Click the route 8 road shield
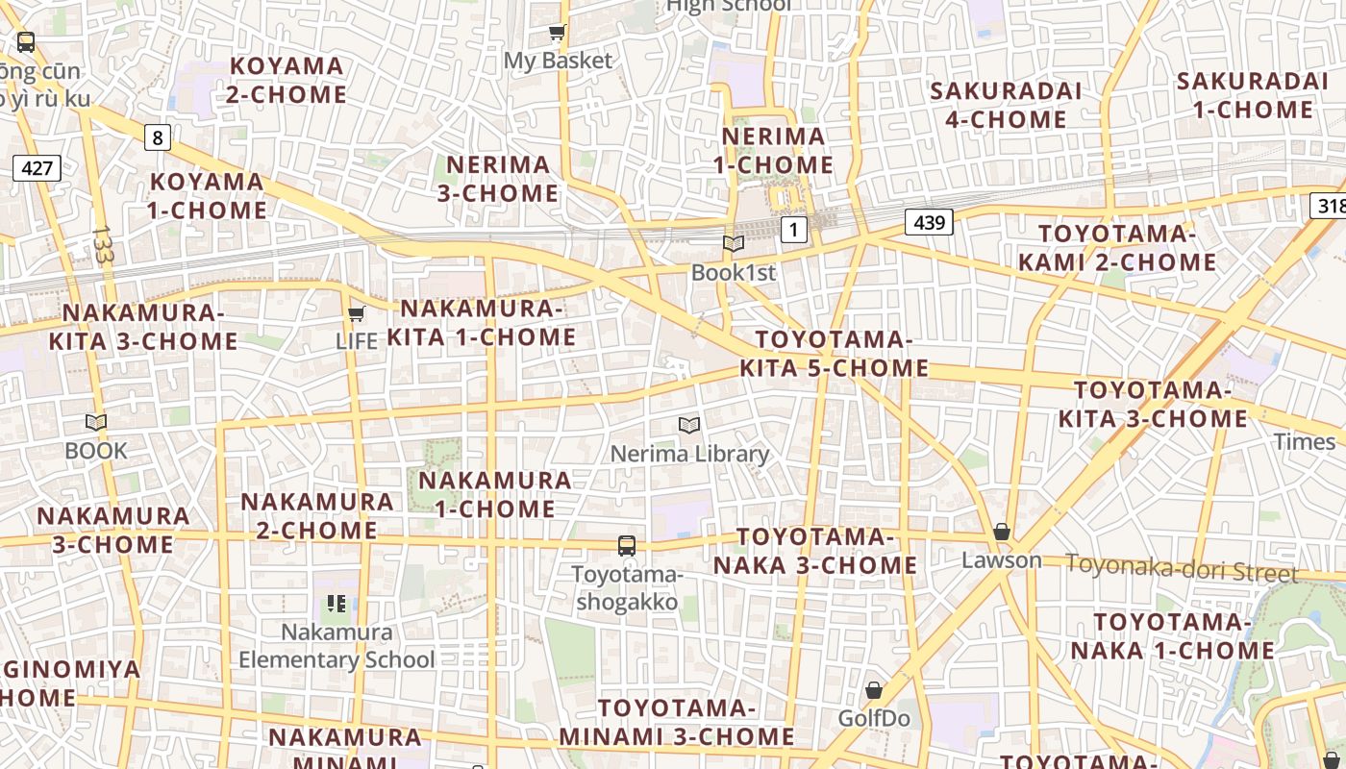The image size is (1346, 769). click(x=158, y=137)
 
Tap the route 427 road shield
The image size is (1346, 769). click(x=37, y=168)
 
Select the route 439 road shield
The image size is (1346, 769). click(x=928, y=223)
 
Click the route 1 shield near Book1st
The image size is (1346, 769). click(x=793, y=230)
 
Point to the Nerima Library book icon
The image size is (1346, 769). click(x=688, y=425)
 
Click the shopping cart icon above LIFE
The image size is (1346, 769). click(x=357, y=313)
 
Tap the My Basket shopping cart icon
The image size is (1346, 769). click(x=557, y=34)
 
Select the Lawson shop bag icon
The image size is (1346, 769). click(x=1002, y=532)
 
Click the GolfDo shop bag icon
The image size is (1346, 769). click(x=874, y=690)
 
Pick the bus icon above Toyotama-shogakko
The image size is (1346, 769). click(x=627, y=546)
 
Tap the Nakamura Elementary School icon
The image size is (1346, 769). click(x=336, y=604)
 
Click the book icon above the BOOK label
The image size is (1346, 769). click(x=95, y=422)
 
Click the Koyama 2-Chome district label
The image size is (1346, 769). click(x=287, y=81)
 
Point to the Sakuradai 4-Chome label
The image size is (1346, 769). click(x=1006, y=105)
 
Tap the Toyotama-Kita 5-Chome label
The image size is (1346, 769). click(x=834, y=354)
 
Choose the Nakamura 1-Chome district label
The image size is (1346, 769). click(x=495, y=494)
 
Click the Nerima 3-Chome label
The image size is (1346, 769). click(x=498, y=179)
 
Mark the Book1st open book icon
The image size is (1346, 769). click(x=734, y=244)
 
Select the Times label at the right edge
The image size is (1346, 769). click(x=1304, y=441)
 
